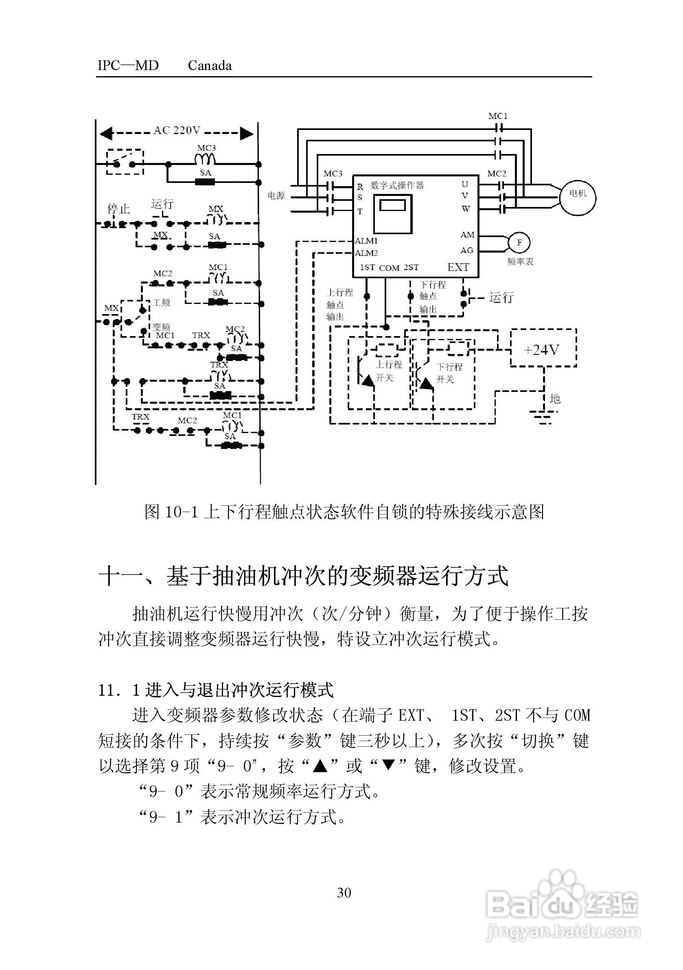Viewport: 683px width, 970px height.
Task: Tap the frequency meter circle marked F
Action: click(519, 243)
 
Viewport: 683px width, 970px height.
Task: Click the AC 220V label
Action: click(177, 130)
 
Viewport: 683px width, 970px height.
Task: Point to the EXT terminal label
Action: click(458, 267)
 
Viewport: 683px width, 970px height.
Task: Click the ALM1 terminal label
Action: click(366, 241)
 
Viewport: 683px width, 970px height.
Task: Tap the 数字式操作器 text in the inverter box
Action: click(397, 185)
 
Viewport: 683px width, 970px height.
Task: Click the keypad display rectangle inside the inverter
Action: click(392, 206)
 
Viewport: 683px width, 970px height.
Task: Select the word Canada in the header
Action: click(209, 66)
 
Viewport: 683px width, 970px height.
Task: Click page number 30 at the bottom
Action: click(344, 892)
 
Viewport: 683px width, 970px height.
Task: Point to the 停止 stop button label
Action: click(118, 209)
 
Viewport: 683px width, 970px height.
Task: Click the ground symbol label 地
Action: click(555, 398)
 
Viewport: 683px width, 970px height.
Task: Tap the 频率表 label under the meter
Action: click(520, 262)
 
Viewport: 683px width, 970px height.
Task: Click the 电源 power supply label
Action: click(276, 196)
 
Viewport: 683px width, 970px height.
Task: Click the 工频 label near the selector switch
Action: click(161, 303)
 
